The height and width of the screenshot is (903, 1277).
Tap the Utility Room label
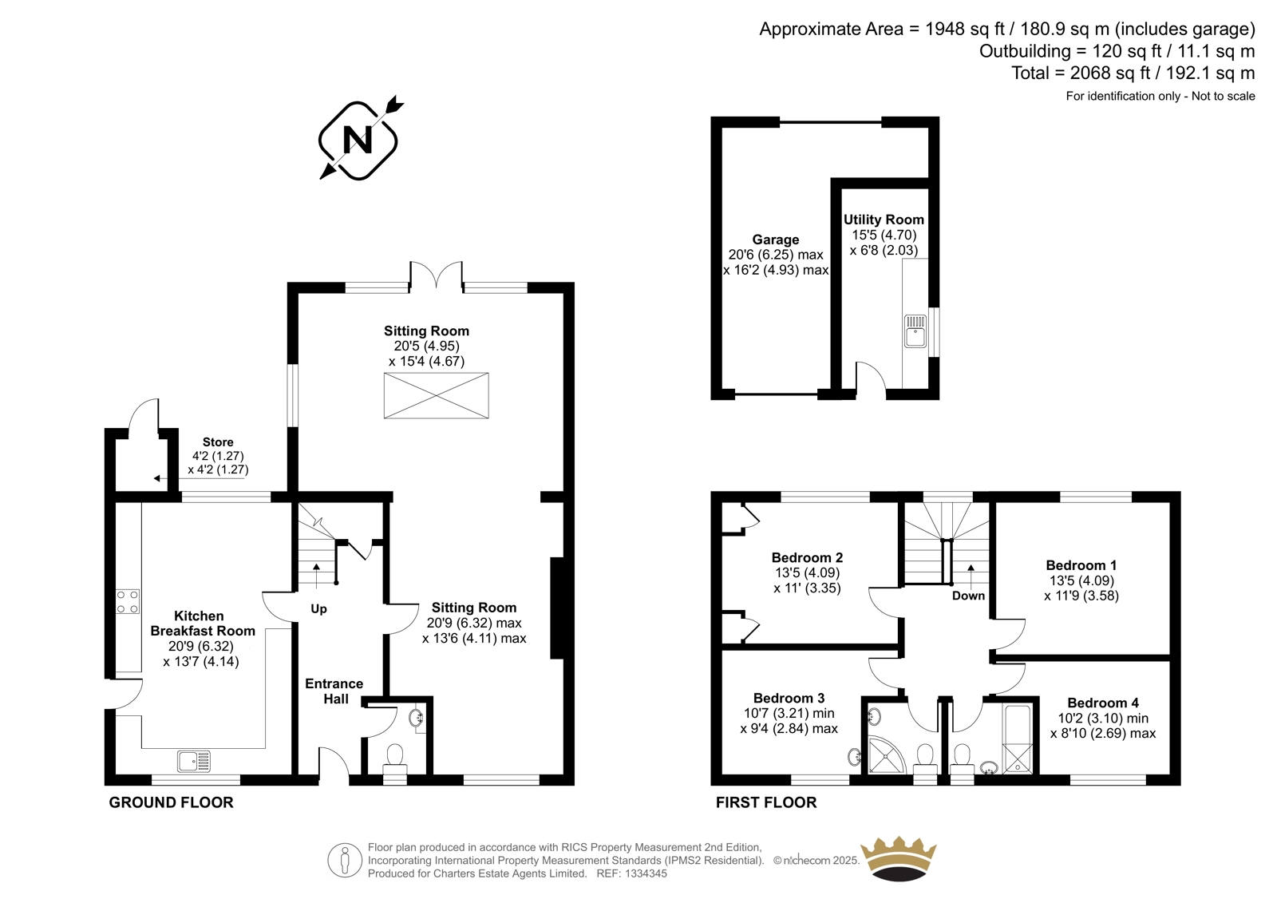coord(884,220)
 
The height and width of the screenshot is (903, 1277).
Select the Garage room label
coord(775,240)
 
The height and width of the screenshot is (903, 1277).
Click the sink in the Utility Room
coord(915,331)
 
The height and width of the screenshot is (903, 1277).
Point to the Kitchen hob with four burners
coord(128,602)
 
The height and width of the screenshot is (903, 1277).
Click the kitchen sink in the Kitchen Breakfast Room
coord(193,761)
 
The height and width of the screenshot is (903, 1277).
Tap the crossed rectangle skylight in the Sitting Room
coord(436,395)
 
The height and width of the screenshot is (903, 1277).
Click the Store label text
coord(218,442)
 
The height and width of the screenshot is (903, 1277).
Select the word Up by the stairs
coord(318,609)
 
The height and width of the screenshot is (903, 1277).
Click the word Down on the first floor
coord(968,596)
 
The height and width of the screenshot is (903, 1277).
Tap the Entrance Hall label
coord(334,691)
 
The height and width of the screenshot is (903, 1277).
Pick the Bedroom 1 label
coord(1081,565)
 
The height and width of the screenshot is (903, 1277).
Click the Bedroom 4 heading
coord(1103,703)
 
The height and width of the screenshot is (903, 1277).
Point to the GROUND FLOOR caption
coord(171,802)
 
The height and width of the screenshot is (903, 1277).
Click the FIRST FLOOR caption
coord(766,802)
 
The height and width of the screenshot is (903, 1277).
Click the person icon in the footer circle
coord(344,861)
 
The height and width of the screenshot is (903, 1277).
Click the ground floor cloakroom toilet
coord(394,764)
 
